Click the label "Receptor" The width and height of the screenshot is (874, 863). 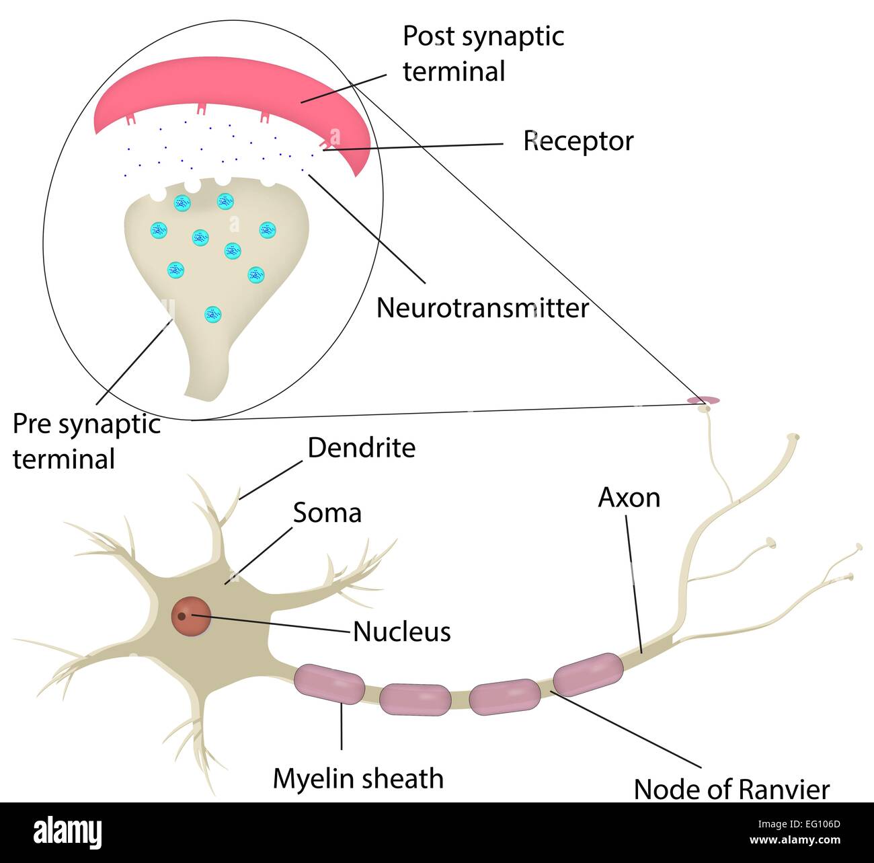coord(578,141)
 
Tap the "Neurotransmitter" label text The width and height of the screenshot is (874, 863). coord(482,308)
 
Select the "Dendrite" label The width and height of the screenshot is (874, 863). coord(361,448)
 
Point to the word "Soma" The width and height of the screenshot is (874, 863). coord(327,513)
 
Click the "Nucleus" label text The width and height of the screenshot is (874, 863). coord(401,632)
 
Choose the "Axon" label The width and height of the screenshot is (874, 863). coord(629,498)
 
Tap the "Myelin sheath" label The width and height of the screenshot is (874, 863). coord(358,779)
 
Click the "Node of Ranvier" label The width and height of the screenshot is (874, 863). coord(731,790)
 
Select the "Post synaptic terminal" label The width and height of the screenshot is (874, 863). coord(483,54)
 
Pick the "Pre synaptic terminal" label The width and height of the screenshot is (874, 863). coord(86,442)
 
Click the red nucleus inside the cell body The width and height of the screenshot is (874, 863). coord(192,615)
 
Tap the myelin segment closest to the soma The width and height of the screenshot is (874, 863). coord(329,684)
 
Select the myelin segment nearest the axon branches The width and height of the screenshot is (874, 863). coord(588,673)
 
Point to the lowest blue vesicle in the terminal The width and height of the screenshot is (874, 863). coord(212,313)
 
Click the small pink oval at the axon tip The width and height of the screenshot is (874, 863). coord(703,400)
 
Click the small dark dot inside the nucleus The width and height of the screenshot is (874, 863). coord(182,615)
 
